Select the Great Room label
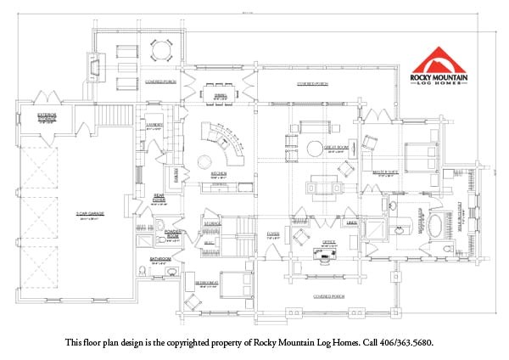[337, 146]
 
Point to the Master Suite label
[386, 172]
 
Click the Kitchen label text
[218, 172]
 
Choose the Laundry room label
[154, 125]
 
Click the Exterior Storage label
[47, 115]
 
